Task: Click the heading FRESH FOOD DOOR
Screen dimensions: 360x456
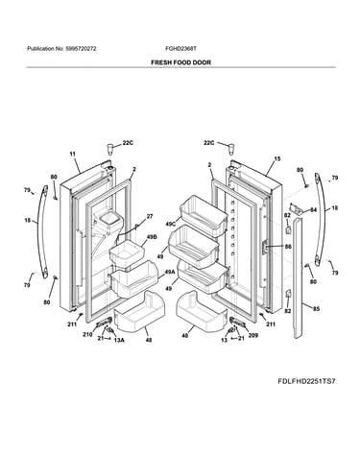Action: click(x=180, y=62)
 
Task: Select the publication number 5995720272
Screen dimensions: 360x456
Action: click(x=81, y=49)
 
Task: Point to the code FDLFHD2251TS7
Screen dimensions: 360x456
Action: click(x=306, y=381)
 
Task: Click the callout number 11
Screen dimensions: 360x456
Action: click(x=73, y=155)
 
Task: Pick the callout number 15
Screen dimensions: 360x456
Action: click(x=277, y=158)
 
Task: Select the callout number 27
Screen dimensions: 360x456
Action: click(x=150, y=216)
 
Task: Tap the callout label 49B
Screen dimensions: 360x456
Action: click(x=151, y=237)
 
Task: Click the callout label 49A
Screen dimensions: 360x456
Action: click(x=170, y=272)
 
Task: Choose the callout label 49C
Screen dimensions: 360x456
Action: click(x=171, y=224)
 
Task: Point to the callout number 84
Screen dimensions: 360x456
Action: click(x=313, y=210)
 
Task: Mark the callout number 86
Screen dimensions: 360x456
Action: click(x=288, y=247)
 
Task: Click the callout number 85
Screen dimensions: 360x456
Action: click(x=316, y=309)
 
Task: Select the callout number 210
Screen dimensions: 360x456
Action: click(x=87, y=335)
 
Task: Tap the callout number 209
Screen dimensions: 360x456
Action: click(x=253, y=336)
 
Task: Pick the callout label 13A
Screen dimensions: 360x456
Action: click(x=119, y=340)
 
